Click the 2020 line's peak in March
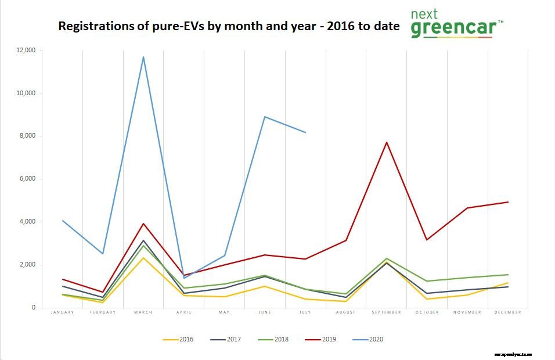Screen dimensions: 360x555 [143, 57]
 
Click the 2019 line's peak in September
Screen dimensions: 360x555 [387, 142]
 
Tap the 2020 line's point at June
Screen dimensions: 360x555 [265, 117]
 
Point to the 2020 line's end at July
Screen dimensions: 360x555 [305, 132]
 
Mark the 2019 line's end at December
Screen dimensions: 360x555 [508, 202]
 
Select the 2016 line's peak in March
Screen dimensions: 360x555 [143, 258]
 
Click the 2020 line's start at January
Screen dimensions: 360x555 [62, 221]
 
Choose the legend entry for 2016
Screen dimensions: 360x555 [180, 339]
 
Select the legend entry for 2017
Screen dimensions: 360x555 [228, 339]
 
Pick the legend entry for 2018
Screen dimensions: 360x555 [275, 339]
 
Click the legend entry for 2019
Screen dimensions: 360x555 [323, 339]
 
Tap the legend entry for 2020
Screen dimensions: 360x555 [370, 339]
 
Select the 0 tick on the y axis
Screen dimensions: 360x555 [34, 308]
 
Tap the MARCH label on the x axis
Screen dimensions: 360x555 [143, 312]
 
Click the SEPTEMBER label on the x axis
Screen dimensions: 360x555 [387, 312]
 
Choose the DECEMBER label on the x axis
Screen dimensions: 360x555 [508, 312]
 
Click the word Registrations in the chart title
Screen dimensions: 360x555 [94, 26]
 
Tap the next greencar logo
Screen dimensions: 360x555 [456, 24]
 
